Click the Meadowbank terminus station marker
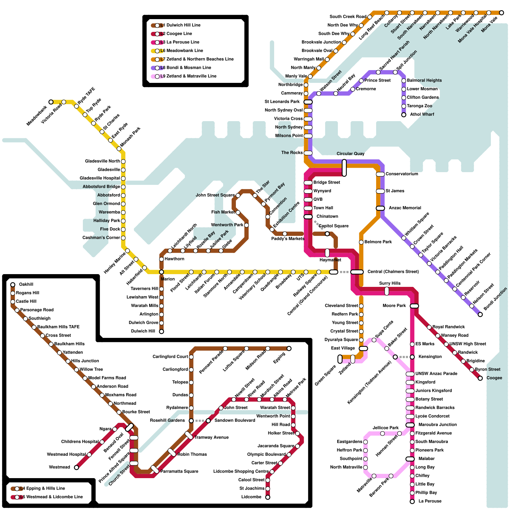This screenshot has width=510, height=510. (51, 102)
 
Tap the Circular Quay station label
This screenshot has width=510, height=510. (350, 154)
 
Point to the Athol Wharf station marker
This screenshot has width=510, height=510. (404, 115)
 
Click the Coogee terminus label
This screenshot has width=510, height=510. (494, 378)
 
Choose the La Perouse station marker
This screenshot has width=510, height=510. (412, 501)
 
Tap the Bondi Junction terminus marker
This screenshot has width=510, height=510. (480, 315)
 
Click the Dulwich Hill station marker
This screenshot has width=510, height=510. (162, 331)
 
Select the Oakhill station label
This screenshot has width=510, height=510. (26, 284)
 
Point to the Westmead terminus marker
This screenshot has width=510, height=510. (76, 468)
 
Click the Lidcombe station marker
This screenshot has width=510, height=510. (268, 497)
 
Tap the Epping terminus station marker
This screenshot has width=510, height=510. (289, 348)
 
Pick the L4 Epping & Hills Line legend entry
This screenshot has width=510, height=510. (42, 488)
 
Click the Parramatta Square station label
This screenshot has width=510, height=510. (179, 471)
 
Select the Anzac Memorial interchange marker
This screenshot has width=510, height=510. (380, 208)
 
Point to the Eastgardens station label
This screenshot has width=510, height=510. (349, 442)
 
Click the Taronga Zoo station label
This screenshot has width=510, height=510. (419, 106)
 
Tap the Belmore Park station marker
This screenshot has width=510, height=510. (361, 242)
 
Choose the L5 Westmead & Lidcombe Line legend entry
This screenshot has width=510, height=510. (51, 497)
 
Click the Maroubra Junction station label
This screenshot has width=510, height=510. (437, 425)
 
